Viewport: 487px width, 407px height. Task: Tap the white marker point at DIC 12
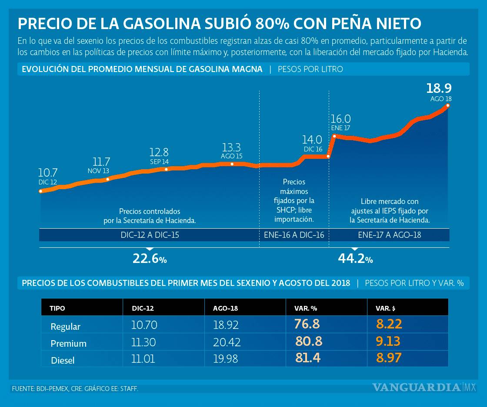click(x=40, y=191)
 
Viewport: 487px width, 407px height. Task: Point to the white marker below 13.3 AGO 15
click(x=232, y=164)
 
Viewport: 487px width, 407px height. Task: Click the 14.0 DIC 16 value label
click(x=312, y=140)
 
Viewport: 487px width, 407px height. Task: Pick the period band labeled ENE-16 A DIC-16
click(x=294, y=235)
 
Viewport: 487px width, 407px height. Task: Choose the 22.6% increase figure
click(x=149, y=259)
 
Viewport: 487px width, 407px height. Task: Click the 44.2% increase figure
click(x=355, y=259)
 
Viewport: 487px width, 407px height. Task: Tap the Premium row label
click(x=68, y=343)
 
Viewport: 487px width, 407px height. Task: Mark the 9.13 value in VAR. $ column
click(x=388, y=341)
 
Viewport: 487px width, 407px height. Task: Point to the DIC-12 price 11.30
click(x=144, y=342)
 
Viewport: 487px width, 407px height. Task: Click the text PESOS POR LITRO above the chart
click(x=310, y=69)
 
